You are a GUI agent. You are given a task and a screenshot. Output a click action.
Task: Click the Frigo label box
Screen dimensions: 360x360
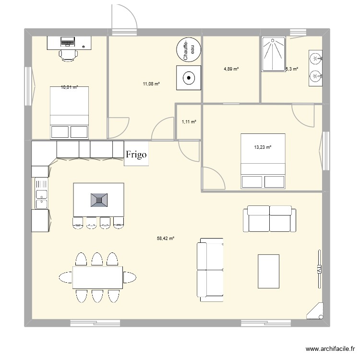point(136,155)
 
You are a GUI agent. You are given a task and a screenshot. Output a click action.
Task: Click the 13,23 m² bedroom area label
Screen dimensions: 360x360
point(263,147)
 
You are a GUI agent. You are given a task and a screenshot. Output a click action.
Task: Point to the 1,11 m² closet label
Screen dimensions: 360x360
point(189,122)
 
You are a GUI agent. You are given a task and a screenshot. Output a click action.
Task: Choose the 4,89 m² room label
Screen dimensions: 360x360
point(231,69)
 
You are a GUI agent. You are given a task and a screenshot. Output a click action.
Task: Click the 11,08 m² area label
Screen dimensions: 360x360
point(151,84)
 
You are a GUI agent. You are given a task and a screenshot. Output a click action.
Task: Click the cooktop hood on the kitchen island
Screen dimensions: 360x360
point(99,199)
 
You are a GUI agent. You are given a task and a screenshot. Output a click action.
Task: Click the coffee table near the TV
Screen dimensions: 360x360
point(268,271)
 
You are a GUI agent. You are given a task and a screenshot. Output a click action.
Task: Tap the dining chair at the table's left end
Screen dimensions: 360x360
point(65,277)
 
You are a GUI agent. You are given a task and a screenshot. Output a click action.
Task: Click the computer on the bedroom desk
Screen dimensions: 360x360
point(68,42)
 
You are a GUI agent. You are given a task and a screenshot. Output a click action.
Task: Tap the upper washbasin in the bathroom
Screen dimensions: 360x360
point(315,59)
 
